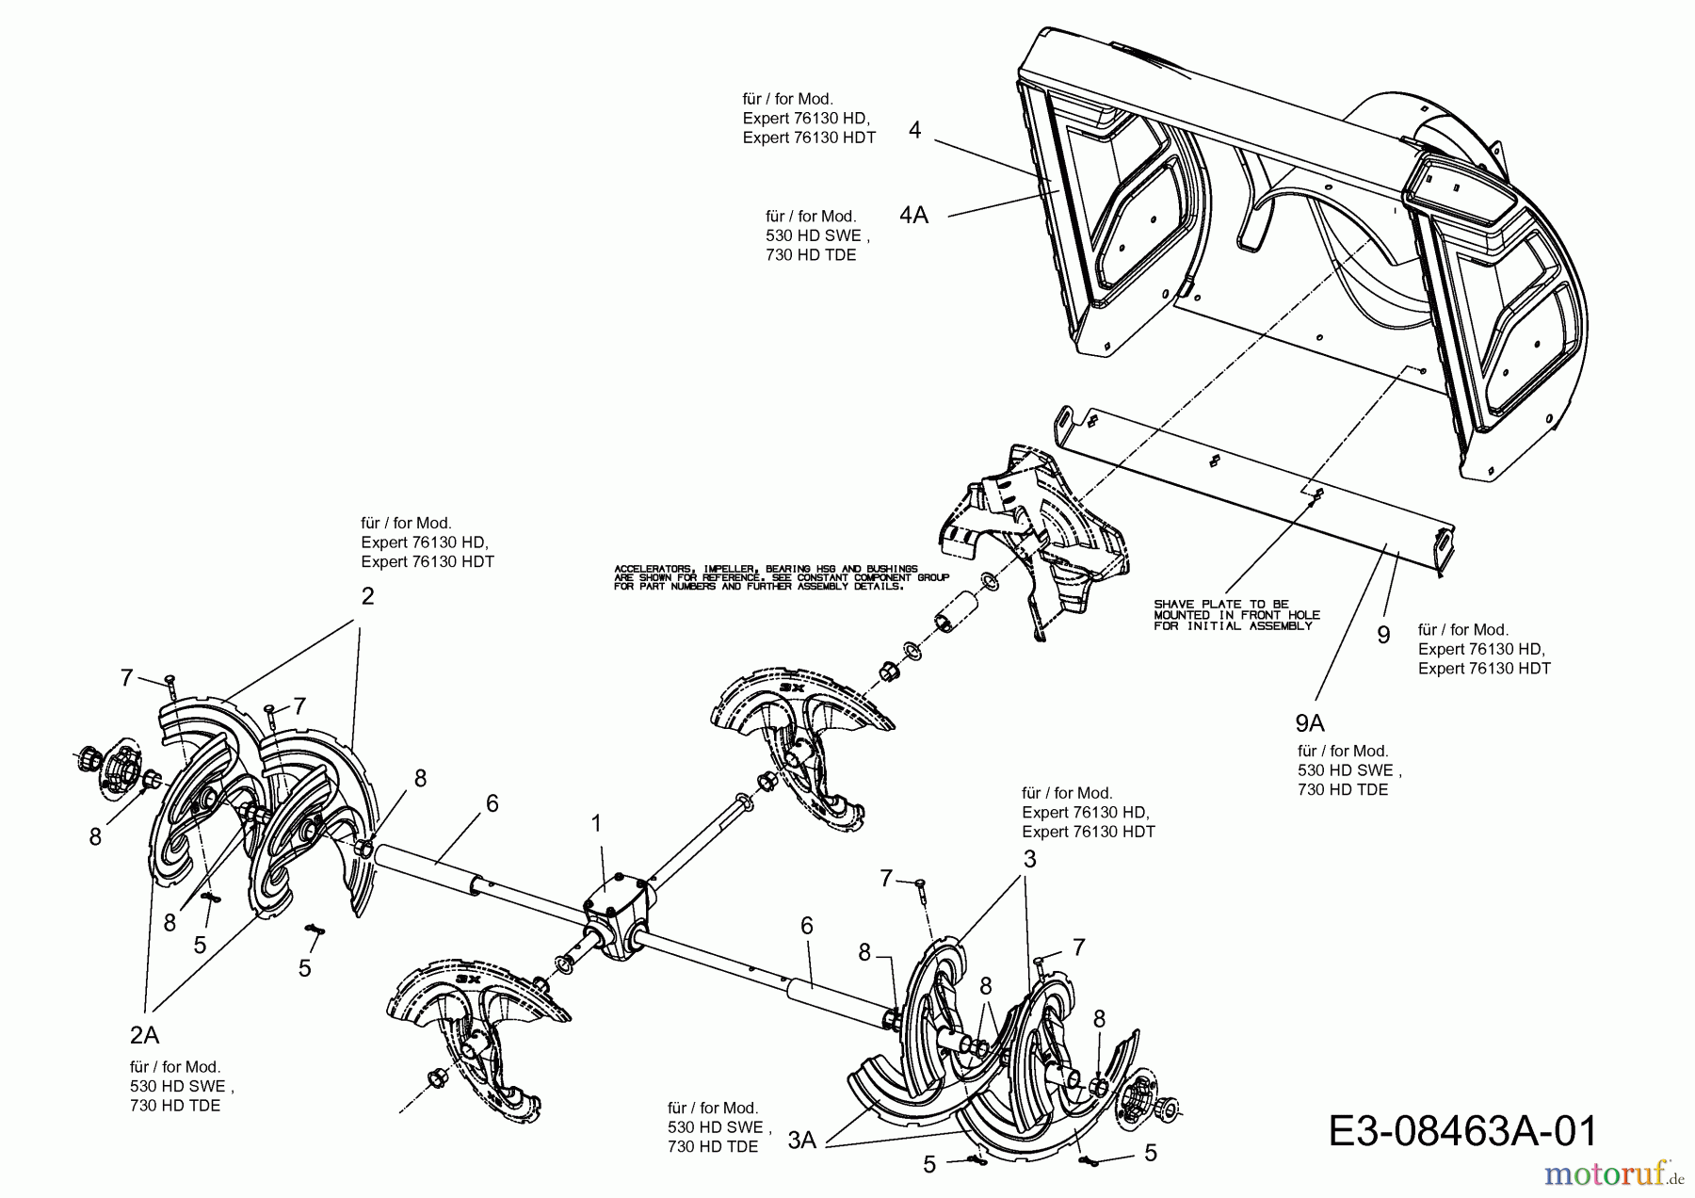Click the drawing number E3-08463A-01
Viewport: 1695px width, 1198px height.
[1462, 1130]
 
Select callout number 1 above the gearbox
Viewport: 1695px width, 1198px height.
[595, 824]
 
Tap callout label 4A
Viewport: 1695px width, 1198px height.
[913, 216]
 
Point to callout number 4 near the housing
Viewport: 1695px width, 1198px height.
[914, 130]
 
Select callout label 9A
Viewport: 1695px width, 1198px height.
[1309, 722]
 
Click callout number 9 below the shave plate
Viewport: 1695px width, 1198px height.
[1382, 635]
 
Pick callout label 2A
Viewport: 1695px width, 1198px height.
[144, 1035]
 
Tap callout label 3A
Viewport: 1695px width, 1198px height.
[801, 1141]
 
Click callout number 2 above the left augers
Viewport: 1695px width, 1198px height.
[367, 595]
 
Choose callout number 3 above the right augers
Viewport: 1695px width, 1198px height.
[1029, 859]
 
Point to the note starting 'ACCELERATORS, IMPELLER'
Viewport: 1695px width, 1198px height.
[781, 577]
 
